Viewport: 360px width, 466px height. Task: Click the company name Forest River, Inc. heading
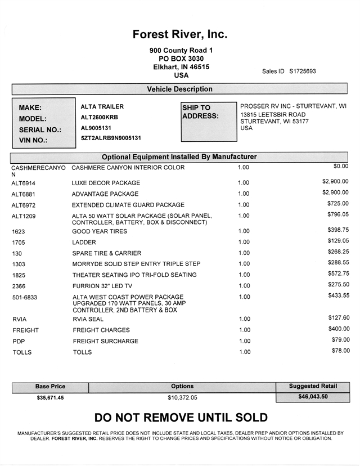coord(180,34)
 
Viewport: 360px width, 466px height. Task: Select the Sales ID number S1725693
coord(303,71)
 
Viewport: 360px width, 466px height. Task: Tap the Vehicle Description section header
coord(180,89)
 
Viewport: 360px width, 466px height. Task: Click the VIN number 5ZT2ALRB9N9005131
coord(111,138)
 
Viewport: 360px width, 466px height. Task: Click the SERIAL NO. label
coord(40,129)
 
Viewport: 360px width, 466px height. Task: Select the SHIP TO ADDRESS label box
coord(209,122)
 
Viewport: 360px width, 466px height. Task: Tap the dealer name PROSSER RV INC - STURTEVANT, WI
coord(293,106)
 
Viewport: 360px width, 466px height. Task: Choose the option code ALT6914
coord(24,183)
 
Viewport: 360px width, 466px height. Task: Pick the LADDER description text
coord(84,242)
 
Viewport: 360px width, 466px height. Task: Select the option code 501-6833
coord(25,297)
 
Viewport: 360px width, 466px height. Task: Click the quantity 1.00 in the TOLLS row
coord(244,352)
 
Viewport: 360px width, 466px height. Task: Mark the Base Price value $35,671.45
coord(51,397)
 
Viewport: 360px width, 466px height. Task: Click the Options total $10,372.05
coord(183,397)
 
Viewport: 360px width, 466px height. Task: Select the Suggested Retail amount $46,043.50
coord(313,396)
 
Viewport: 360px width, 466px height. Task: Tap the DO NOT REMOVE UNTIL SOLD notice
coord(181,418)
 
